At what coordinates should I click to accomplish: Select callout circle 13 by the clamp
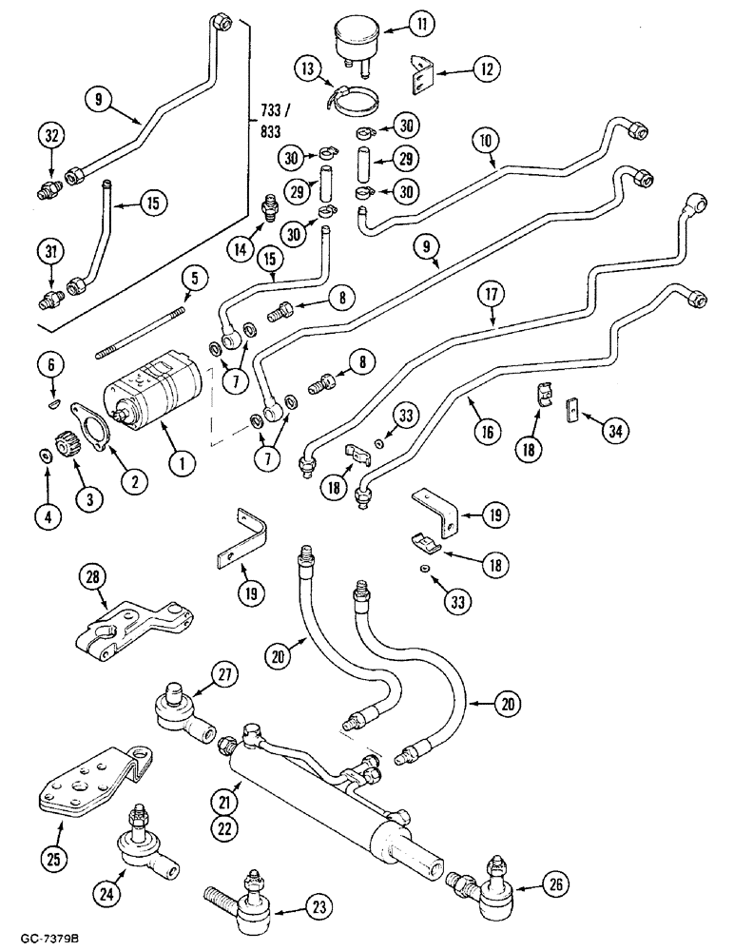(x=308, y=69)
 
